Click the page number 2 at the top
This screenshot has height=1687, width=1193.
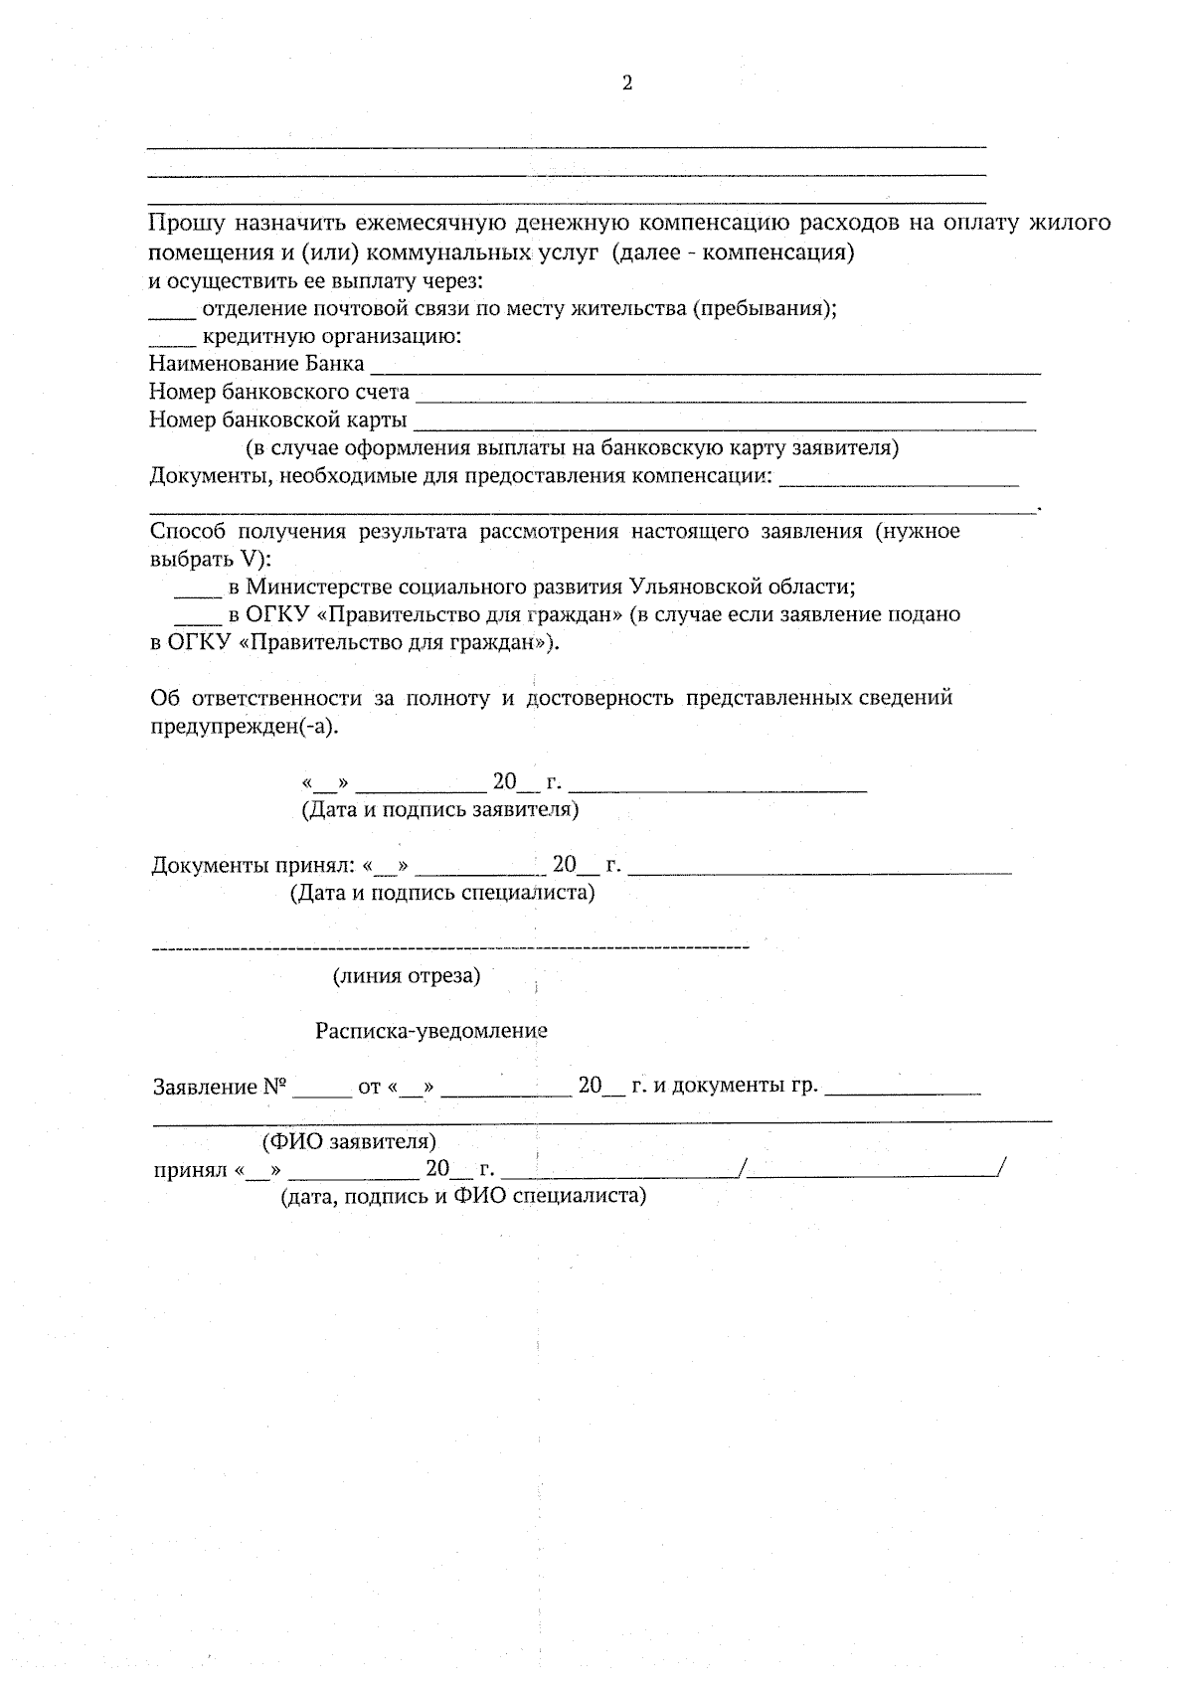click(x=626, y=84)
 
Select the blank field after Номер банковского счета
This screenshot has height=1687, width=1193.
click(x=720, y=395)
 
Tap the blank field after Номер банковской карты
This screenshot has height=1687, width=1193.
click(x=725, y=422)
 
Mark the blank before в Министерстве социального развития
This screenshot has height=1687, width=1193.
click(x=198, y=590)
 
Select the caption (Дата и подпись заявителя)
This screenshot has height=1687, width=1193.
click(x=439, y=809)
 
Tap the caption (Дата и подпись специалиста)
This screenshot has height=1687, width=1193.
click(x=442, y=893)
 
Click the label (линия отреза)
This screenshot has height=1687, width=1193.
click(x=406, y=976)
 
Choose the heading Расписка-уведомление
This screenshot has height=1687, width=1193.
click(x=431, y=1032)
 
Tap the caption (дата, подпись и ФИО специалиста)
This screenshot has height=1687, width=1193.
click(x=462, y=1196)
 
